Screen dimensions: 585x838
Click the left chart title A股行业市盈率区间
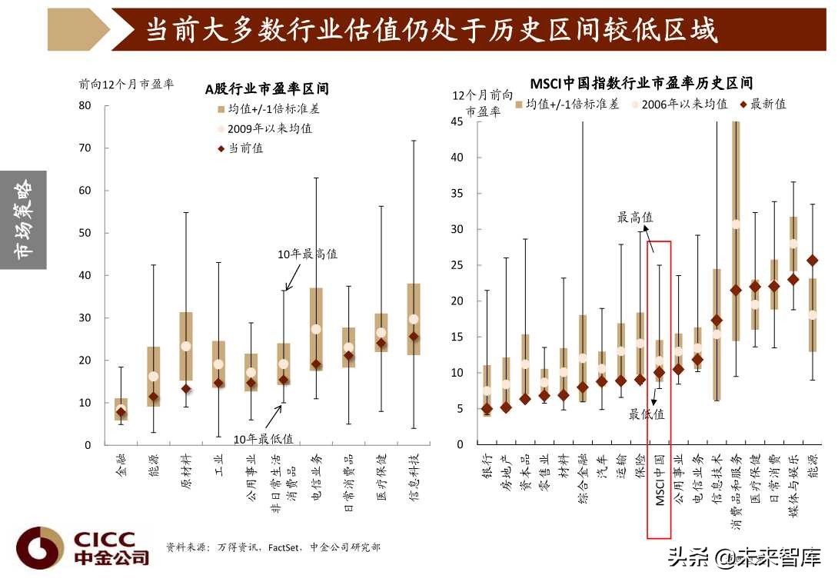(266, 89)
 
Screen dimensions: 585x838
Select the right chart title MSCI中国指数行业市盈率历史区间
(641, 83)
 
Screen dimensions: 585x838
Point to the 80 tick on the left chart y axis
(85, 105)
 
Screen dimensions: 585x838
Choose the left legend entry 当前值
(245, 148)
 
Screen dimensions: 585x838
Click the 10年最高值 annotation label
(308, 254)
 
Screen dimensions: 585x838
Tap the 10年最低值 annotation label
(264, 439)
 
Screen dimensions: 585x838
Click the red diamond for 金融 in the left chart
(121, 413)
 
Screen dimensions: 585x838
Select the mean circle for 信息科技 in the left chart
(414, 319)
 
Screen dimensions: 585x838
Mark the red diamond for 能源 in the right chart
(812, 261)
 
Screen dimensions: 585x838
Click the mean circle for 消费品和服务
(735, 224)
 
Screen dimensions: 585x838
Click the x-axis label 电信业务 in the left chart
(317, 477)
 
